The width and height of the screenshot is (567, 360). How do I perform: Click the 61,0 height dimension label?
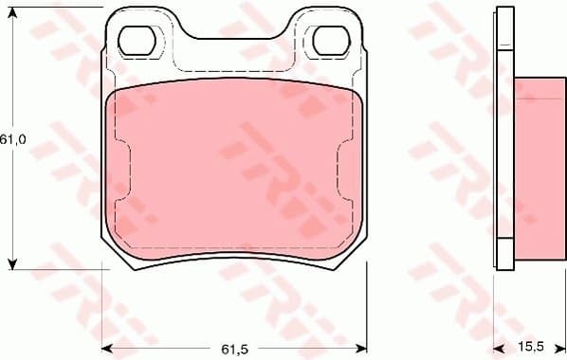pos(12,138)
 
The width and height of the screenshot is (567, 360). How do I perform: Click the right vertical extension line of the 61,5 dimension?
pos(367,303)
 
